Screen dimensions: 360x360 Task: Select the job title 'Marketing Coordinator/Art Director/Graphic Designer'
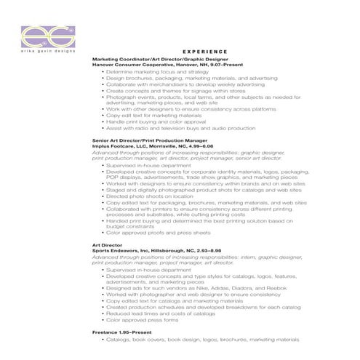pyautogui.click(x=160, y=58)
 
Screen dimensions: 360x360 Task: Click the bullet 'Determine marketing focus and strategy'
pyautogui.click(x=152, y=72)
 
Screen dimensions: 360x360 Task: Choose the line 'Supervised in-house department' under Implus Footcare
pyautogui.click(x=143, y=165)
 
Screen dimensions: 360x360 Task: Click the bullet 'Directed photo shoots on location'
pyautogui.click(x=149, y=196)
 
